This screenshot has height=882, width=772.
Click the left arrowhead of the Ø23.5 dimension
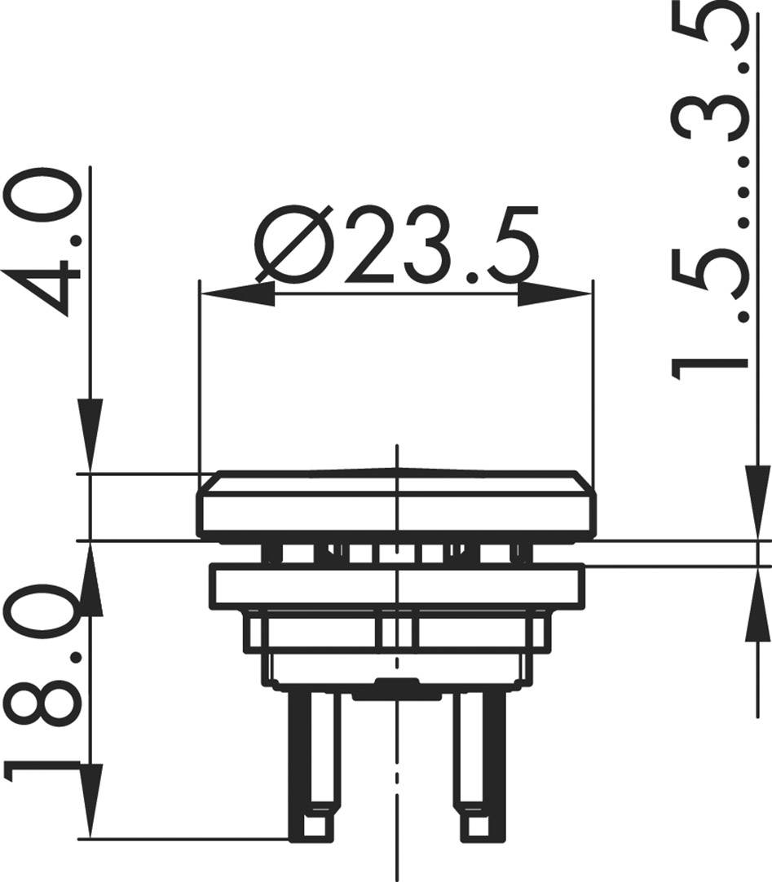click(x=237, y=294)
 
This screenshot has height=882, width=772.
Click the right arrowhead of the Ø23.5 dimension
click(x=554, y=294)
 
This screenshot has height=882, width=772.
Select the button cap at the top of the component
click(x=396, y=505)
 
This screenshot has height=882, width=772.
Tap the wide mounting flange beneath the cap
click(x=396, y=585)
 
